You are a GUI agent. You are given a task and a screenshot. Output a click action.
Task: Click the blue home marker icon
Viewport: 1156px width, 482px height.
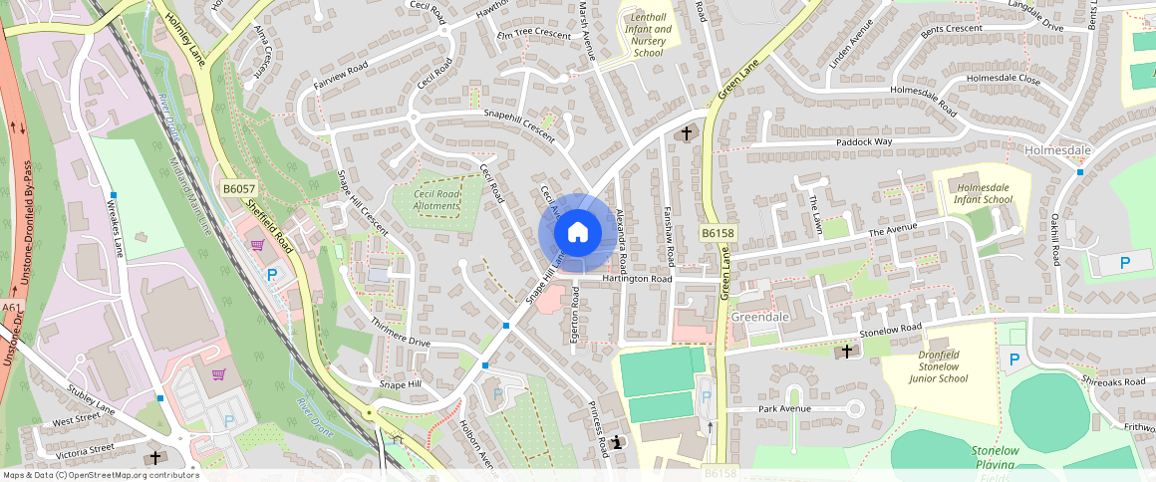point(577,233)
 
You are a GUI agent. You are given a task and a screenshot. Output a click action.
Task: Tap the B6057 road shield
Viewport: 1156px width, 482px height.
point(237,188)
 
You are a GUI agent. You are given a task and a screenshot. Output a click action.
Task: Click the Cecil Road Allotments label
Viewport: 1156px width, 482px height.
point(436,199)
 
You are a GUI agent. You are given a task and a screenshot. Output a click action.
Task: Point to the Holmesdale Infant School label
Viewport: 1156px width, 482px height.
point(984,193)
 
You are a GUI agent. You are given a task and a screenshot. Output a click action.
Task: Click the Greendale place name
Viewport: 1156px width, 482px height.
point(760,317)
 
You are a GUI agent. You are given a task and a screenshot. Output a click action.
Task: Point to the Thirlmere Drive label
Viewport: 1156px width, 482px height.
point(401,334)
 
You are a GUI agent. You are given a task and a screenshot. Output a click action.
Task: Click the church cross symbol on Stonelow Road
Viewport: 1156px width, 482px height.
point(847,351)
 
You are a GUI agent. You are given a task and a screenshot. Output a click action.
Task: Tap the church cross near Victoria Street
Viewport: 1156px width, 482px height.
point(154,458)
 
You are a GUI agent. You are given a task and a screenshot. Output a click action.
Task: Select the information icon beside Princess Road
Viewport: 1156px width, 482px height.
point(618,442)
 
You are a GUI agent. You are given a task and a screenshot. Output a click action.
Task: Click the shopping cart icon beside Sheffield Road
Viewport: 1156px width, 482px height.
point(257,246)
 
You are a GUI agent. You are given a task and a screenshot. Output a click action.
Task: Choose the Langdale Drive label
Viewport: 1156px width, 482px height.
point(1035,29)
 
